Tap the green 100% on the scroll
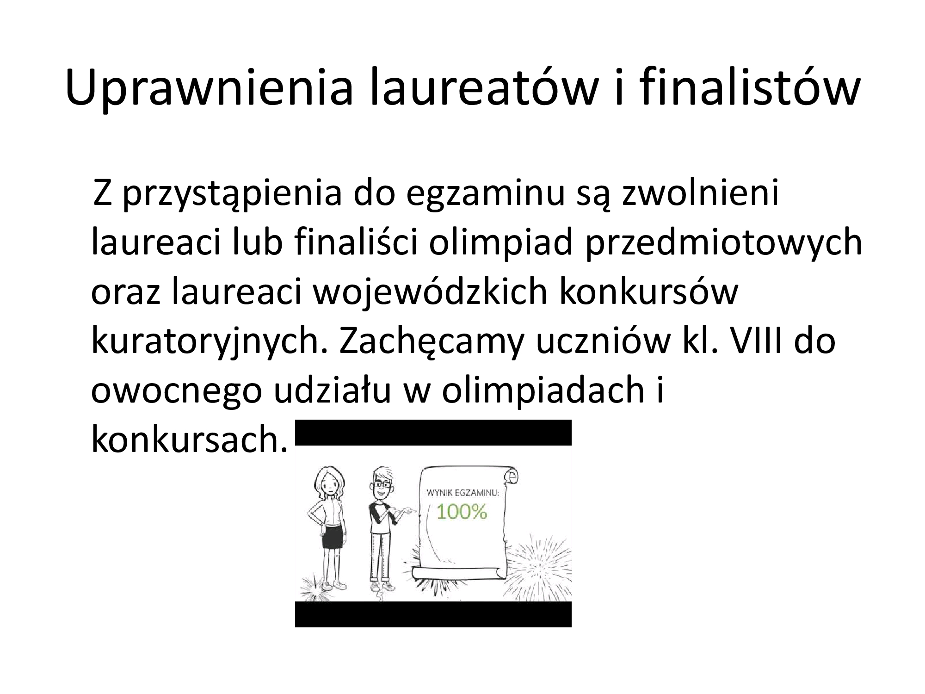coord(462,512)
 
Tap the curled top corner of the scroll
coord(511,476)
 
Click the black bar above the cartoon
coord(433,433)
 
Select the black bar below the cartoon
coord(433,614)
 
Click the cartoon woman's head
coord(328,483)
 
